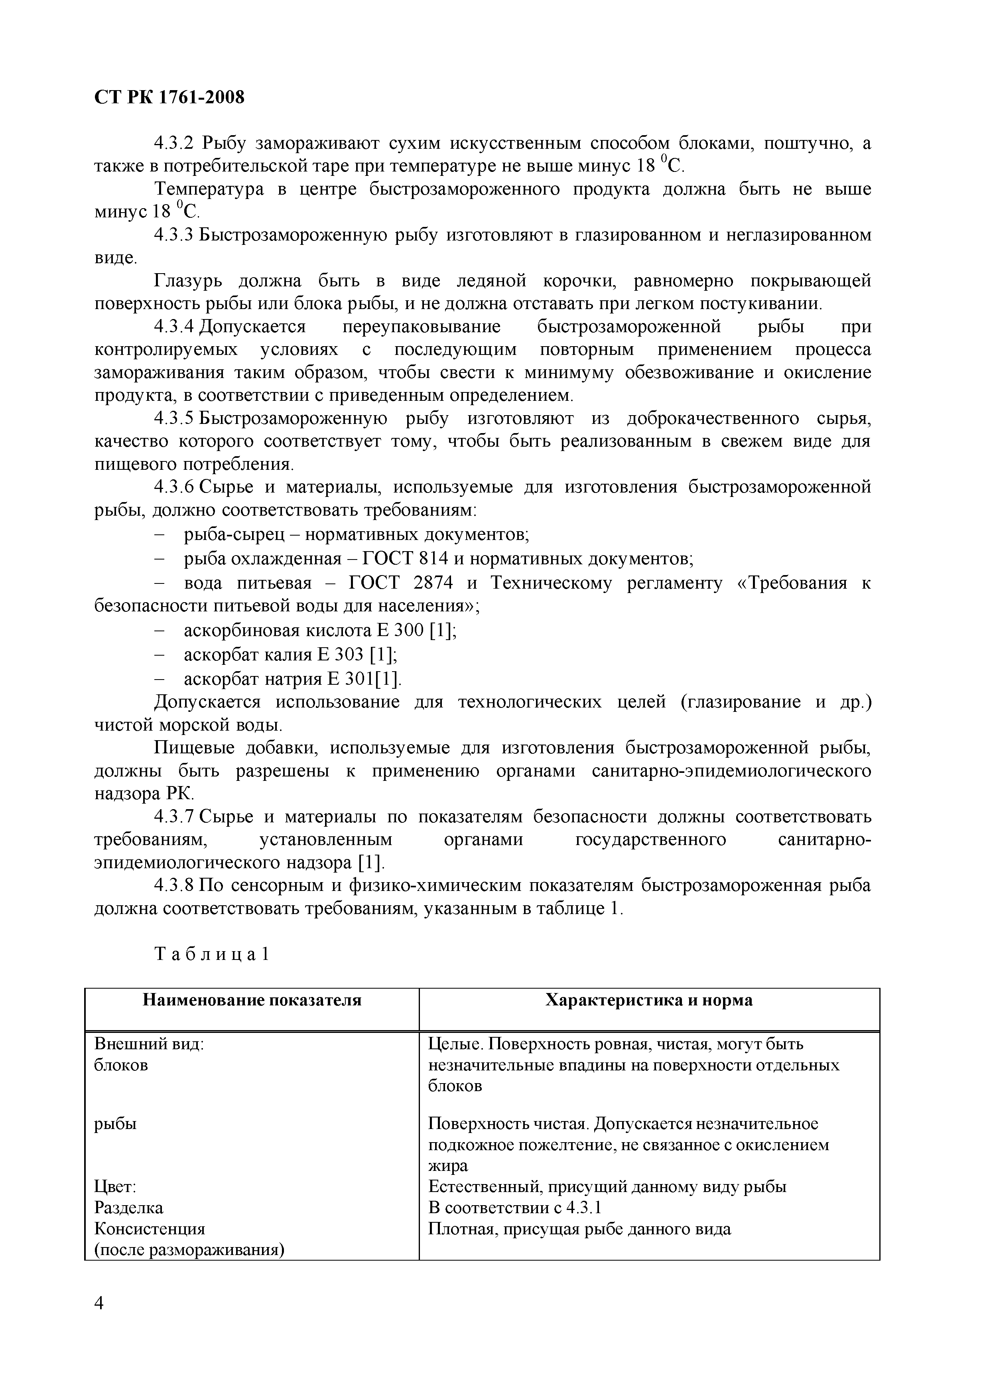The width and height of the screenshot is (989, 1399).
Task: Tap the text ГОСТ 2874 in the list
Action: point(401,583)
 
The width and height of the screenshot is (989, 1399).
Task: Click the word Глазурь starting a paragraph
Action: point(189,281)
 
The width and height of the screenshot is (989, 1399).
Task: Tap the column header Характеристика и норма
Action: point(648,1000)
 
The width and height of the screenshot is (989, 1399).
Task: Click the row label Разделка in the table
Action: point(128,1208)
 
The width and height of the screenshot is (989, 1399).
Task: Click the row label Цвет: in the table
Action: point(115,1187)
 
